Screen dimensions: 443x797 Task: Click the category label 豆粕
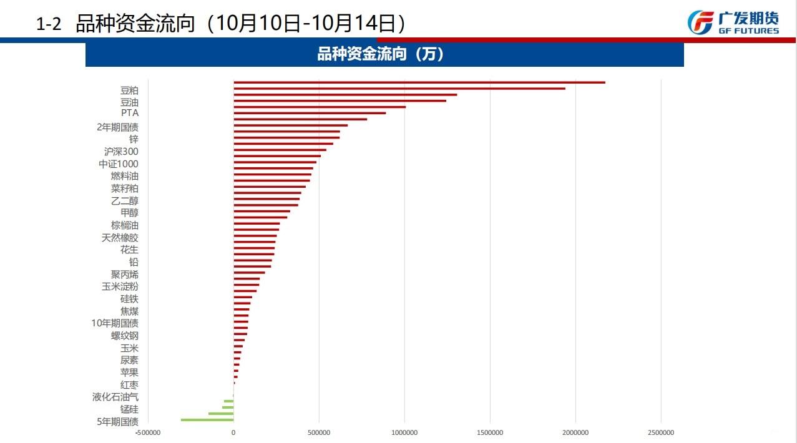pyautogui.click(x=129, y=90)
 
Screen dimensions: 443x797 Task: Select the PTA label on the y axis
pyautogui.click(x=130, y=113)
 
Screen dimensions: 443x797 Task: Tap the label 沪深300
pyautogui.click(x=121, y=151)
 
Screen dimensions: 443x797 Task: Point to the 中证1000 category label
pyautogui.click(x=119, y=163)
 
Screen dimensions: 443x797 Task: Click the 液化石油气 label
pyautogui.click(x=115, y=397)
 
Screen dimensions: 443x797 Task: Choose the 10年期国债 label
pyautogui.click(x=115, y=323)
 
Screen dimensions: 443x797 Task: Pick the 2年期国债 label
pyautogui.click(x=117, y=127)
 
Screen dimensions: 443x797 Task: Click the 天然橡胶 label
pyautogui.click(x=120, y=237)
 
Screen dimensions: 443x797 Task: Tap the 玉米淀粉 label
pyautogui.click(x=120, y=286)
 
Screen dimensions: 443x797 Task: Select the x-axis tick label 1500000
pyautogui.click(x=490, y=432)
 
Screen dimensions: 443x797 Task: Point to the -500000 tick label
pyautogui.click(x=149, y=432)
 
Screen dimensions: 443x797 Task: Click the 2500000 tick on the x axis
pyautogui.click(x=661, y=432)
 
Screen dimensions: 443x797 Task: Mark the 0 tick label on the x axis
pyautogui.click(x=233, y=432)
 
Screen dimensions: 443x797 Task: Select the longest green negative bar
pyautogui.click(x=207, y=420)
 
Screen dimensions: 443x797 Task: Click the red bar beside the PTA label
pyautogui.click(x=310, y=113)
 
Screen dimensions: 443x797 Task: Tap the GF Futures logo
pyautogui.click(x=733, y=23)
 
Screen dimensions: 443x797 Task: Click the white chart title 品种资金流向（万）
pyautogui.click(x=384, y=54)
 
